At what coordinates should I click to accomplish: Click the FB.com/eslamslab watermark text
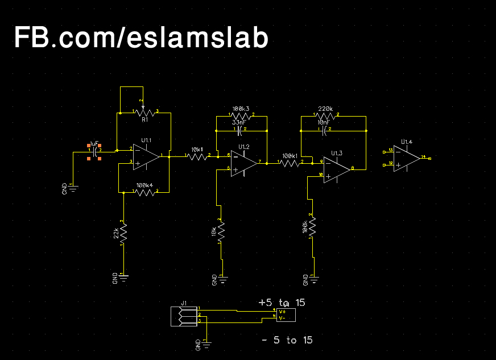click(140, 38)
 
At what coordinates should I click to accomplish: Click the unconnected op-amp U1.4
click(406, 158)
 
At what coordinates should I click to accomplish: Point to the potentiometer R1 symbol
click(144, 112)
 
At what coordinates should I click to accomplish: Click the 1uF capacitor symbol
click(94, 151)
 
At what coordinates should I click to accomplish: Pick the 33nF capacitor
click(240, 130)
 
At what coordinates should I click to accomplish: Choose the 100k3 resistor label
click(241, 108)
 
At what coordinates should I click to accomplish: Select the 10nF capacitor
click(323, 130)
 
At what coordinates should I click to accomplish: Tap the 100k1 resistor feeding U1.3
click(290, 163)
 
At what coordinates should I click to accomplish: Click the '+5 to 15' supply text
click(282, 303)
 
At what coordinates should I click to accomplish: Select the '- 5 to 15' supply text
click(287, 340)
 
